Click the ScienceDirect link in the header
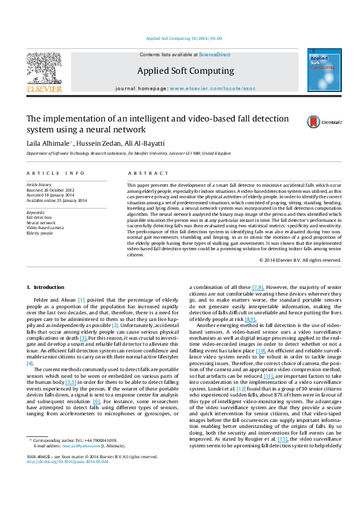coord(215,55)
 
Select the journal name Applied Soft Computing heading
coord(177,71)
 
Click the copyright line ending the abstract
coord(299,260)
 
